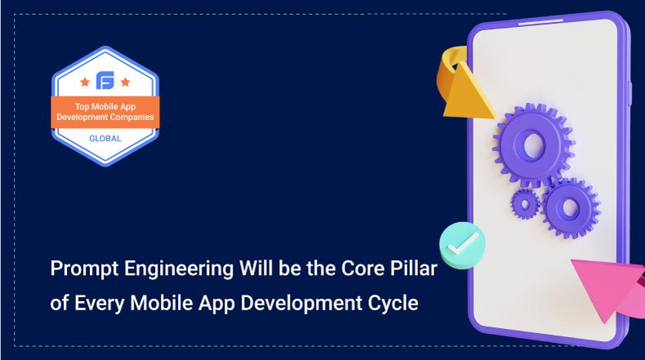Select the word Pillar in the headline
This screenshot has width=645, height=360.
coord(413,269)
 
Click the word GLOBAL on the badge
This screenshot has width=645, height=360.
coord(105,138)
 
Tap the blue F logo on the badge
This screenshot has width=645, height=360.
coord(105,81)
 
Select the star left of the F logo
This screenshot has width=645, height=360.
coord(84,82)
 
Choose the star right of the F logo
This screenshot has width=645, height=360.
coord(125,82)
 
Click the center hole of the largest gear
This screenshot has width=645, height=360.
coord(532,146)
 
